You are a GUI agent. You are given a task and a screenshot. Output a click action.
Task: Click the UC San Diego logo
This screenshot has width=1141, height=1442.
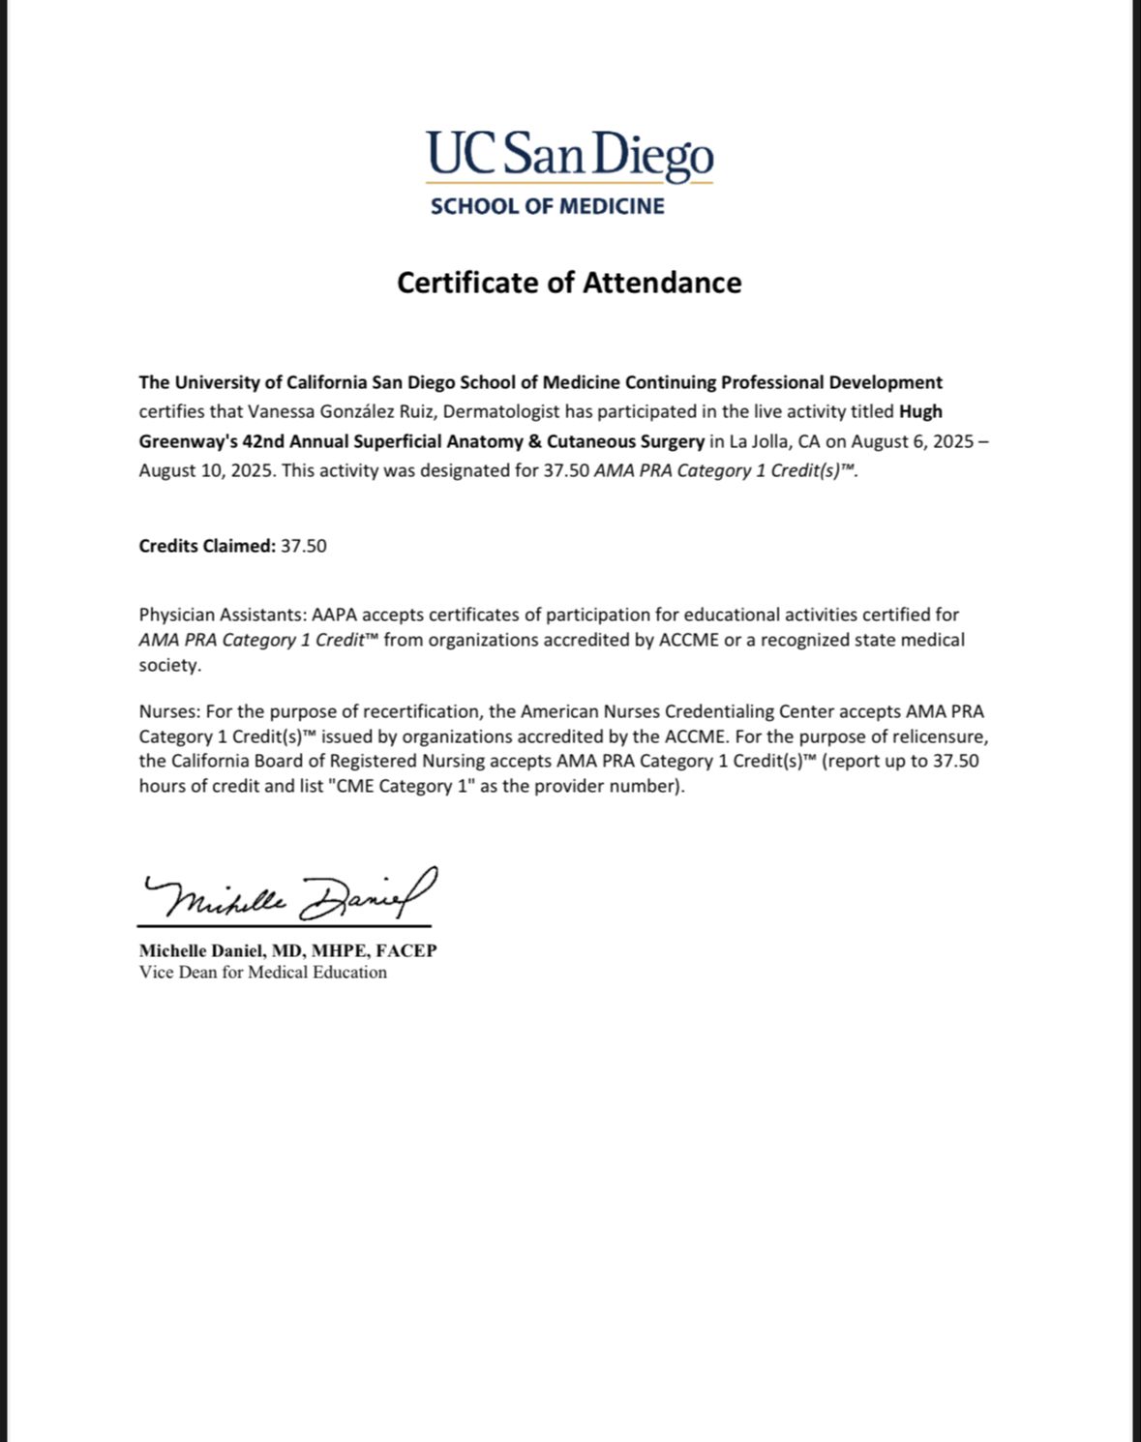click(569, 156)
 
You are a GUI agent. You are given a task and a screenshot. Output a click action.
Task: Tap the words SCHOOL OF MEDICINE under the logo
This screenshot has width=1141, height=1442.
click(548, 206)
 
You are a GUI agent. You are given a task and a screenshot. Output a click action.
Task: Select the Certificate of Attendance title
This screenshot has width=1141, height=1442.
click(569, 283)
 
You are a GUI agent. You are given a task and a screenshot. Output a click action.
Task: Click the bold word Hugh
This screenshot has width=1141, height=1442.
click(920, 411)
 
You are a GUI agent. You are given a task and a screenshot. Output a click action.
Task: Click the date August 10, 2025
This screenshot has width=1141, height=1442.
click(206, 470)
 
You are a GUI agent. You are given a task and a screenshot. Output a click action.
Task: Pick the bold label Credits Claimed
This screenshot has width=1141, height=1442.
click(207, 546)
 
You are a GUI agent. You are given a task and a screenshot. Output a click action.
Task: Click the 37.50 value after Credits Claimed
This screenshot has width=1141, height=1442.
click(304, 546)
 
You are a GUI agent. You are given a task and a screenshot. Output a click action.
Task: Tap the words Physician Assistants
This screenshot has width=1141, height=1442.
click(222, 615)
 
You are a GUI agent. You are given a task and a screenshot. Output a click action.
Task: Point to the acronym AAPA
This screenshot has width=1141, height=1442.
click(334, 615)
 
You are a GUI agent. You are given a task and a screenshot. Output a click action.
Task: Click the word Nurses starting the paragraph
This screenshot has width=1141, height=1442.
click(166, 711)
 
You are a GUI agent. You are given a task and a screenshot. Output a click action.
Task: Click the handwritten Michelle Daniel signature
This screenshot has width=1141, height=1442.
click(288, 895)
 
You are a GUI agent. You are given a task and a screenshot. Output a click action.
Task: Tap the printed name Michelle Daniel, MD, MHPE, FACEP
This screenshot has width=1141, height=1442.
click(287, 950)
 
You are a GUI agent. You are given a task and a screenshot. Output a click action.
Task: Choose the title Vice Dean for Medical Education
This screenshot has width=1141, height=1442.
click(262, 972)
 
